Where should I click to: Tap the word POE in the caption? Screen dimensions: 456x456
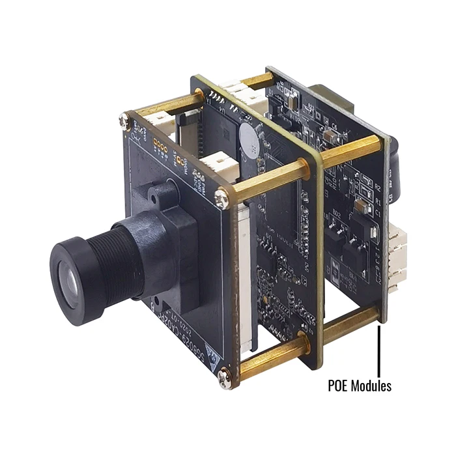339,386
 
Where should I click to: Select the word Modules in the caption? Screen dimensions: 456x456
372,386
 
